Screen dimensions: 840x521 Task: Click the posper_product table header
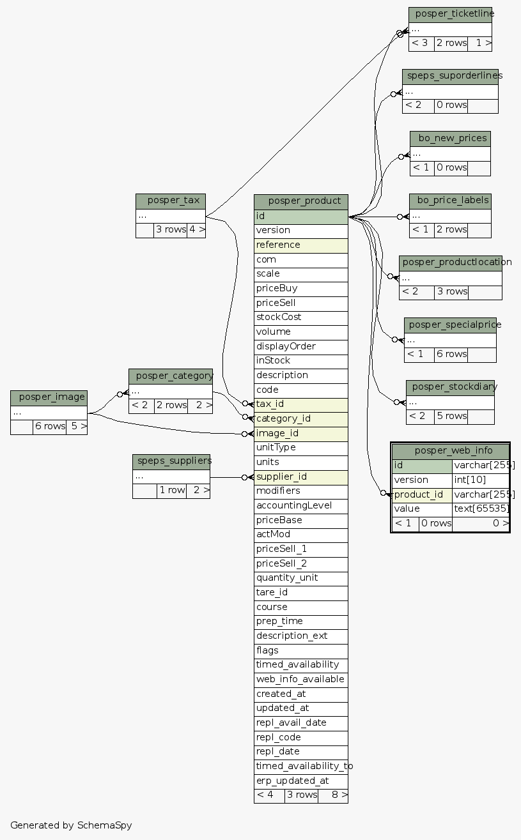301,201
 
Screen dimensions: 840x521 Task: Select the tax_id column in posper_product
301,404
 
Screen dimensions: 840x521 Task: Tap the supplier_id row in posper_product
301,477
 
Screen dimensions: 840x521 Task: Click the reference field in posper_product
301,245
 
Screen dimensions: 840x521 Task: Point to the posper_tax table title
171,201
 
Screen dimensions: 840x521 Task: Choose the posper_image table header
49,397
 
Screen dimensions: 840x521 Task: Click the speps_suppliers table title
171,461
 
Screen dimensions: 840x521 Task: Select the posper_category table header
171,376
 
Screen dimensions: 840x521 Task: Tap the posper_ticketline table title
451,14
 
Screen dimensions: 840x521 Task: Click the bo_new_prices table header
450,138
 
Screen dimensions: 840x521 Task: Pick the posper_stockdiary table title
451,387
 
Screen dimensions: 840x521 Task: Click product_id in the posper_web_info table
422,494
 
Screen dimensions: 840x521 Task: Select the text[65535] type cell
481,509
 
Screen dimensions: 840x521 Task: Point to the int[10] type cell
481,480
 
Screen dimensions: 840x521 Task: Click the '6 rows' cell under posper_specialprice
451,354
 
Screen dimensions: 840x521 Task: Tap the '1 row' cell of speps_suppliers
171,491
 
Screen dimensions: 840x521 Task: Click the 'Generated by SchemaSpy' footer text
71,825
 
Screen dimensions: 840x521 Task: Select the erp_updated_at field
301,781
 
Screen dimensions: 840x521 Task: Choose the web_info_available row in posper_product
301,679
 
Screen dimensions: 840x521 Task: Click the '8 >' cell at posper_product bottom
333,795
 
